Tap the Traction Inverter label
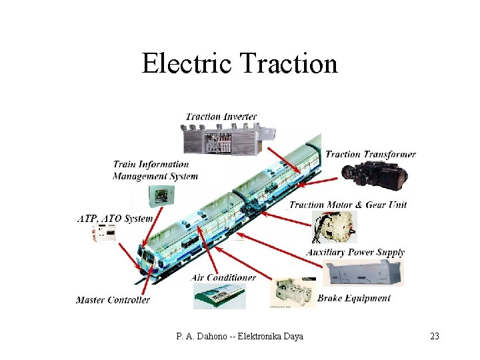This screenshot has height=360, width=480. click(x=221, y=117)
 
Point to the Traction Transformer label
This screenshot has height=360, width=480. click(x=370, y=155)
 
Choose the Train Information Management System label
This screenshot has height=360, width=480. click(x=155, y=170)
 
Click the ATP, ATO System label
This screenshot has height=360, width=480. click(x=115, y=219)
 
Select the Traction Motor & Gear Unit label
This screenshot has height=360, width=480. click(x=347, y=205)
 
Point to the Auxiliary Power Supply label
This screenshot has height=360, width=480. click(x=355, y=252)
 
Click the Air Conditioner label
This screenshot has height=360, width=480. click(x=223, y=277)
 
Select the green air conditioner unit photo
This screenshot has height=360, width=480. click(x=219, y=295)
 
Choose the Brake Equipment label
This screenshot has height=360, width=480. click(x=353, y=298)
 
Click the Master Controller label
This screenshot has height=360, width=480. click(x=113, y=300)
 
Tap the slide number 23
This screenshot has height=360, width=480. click(x=434, y=336)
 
